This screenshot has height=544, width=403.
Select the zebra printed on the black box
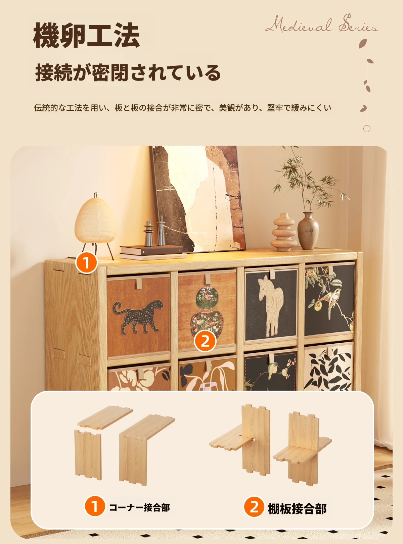click(x=271, y=306)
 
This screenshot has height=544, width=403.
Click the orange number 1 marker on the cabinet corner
click(x=86, y=263)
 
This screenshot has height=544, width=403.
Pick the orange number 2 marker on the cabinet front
click(x=205, y=341)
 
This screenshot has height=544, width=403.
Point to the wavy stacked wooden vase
click(x=284, y=232)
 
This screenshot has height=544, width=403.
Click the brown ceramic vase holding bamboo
click(x=308, y=231)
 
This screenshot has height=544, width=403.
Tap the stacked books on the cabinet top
click(x=153, y=252)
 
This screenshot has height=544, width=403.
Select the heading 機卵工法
click(x=86, y=35)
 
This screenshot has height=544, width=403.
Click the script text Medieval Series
click(x=321, y=24)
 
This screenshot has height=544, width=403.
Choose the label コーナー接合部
click(x=139, y=507)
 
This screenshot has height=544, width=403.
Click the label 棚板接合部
click(x=297, y=509)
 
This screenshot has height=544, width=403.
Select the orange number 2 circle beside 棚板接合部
click(x=254, y=507)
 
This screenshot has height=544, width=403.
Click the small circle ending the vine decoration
click(x=367, y=129)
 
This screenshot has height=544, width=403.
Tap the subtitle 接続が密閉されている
click(x=128, y=72)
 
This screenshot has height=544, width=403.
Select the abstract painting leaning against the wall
click(x=198, y=199)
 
